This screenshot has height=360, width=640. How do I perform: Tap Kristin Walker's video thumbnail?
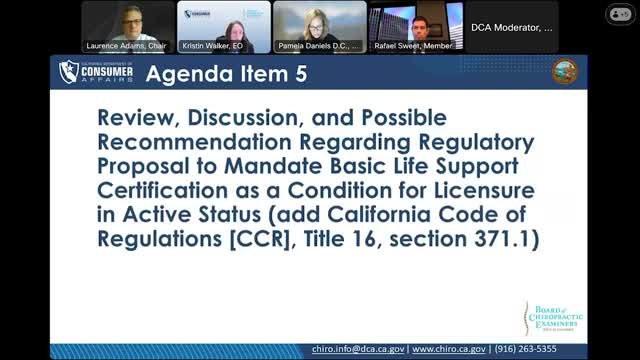pyautogui.click(x=224, y=24)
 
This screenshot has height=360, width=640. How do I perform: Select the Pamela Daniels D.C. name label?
pyautogui.click(x=319, y=44)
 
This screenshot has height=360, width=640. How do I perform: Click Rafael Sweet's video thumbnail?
pyautogui.click(x=415, y=24)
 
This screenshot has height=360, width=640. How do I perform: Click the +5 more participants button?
pyautogui.click(x=617, y=14)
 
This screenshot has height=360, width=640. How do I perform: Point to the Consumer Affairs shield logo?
pyautogui.click(x=69, y=72)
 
